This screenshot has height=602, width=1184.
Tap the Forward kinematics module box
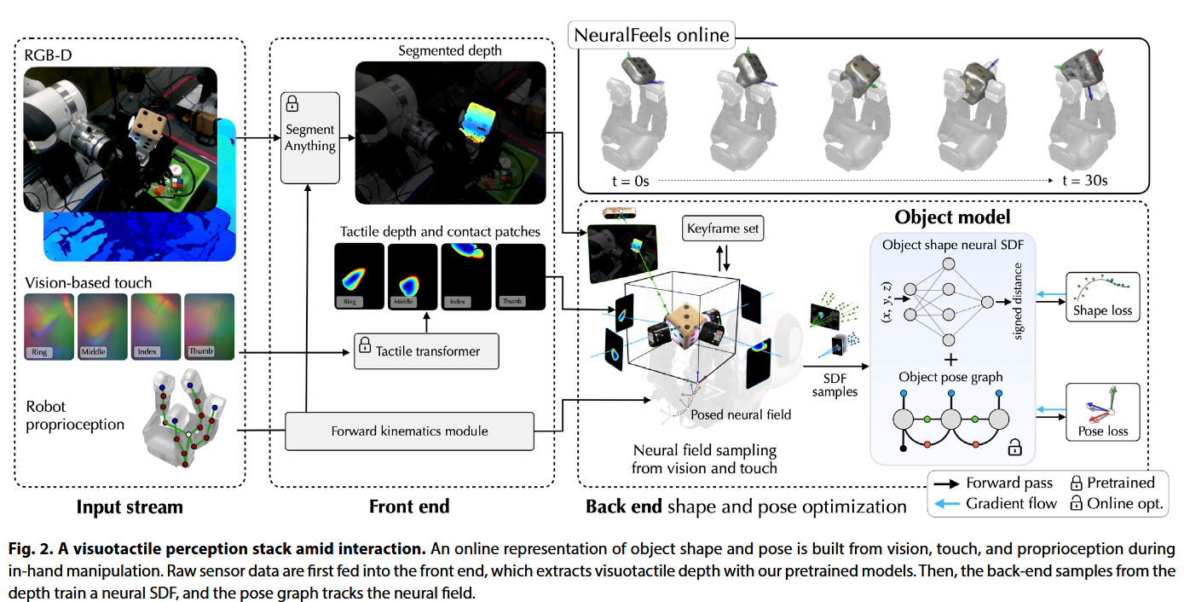click(409, 431)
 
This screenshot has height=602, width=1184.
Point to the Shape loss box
click(1102, 297)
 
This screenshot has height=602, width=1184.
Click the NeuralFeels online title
click(652, 36)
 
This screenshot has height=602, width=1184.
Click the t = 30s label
click(1084, 180)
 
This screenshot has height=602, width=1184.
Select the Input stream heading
click(130, 506)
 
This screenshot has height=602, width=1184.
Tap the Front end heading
click(409, 506)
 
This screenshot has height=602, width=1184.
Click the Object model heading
click(952, 217)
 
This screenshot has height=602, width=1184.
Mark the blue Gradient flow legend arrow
click(945, 503)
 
